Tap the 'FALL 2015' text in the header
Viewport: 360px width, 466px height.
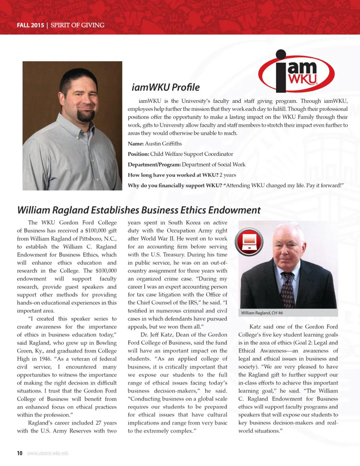click(x=30, y=25)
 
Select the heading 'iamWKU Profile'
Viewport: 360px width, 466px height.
click(x=165, y=87)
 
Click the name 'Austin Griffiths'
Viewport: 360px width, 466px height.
click(x=163, y=143)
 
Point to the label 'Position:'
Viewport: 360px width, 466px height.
click(x=138, y=154)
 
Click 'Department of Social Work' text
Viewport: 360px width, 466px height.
click(x=214, y=164)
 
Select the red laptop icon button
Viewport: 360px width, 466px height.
click(x=249, y=242)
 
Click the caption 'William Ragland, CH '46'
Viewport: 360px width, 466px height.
click(x=262, y=313)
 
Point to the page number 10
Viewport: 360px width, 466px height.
click(x=20, y=453)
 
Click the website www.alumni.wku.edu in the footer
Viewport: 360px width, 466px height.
click(x=48, y=453)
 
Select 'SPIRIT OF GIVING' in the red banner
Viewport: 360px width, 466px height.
click(x=77, y=25)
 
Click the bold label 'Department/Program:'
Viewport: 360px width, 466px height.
click(x=154, y=164)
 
